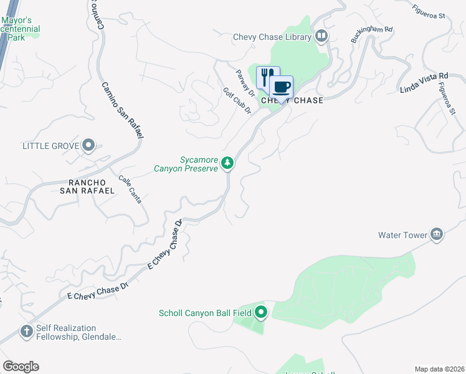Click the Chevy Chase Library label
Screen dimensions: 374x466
272,37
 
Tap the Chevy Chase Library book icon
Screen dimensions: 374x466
321,36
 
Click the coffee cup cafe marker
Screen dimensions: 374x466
282,87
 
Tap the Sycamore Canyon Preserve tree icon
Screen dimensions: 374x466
228,163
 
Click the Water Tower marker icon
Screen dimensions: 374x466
437,234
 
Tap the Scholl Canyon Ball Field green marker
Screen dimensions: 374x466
261,312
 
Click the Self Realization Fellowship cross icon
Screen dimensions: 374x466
27,332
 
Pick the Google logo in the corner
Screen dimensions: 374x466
21,367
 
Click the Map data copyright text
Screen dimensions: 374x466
440,369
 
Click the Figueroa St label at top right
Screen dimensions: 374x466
430,10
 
